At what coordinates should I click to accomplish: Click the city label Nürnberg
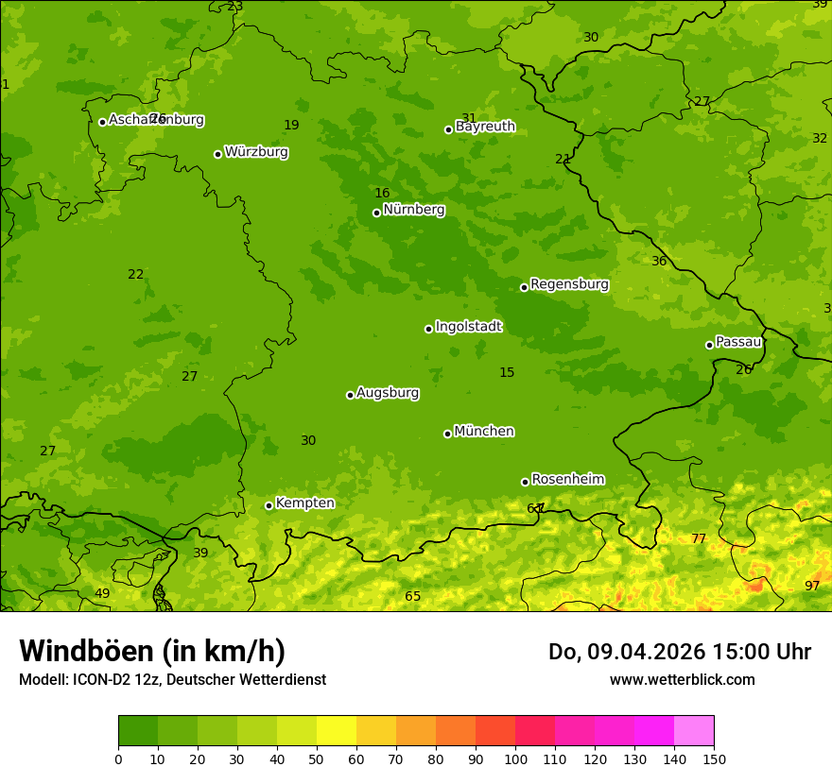coord(413,210)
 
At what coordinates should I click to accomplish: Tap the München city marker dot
coord(447,434)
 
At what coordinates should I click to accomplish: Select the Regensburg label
coord(569,284)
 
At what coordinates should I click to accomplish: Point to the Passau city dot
coord(709,345)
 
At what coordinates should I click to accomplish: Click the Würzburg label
coord(256,152)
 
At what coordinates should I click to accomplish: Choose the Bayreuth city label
coord(485,127)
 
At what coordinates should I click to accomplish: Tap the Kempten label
coord(304,503)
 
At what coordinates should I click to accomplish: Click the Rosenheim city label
coord(567,480)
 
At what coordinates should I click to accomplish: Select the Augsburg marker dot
coord(350,395)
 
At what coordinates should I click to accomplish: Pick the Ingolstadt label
coord(468,327)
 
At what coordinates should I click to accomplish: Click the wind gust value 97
coord(812,587)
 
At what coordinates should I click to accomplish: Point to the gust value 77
coord(699,539)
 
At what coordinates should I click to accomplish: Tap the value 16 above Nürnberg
coord(382,194)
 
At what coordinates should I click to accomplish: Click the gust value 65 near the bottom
coord(413,597)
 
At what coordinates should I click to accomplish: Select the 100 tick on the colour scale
coord(515,758)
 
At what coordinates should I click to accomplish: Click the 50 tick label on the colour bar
coord(317,758)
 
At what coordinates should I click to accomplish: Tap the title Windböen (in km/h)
coord(151,651)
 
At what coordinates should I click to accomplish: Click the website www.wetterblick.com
coord(682,680)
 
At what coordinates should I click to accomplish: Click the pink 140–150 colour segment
coord(694,731)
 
